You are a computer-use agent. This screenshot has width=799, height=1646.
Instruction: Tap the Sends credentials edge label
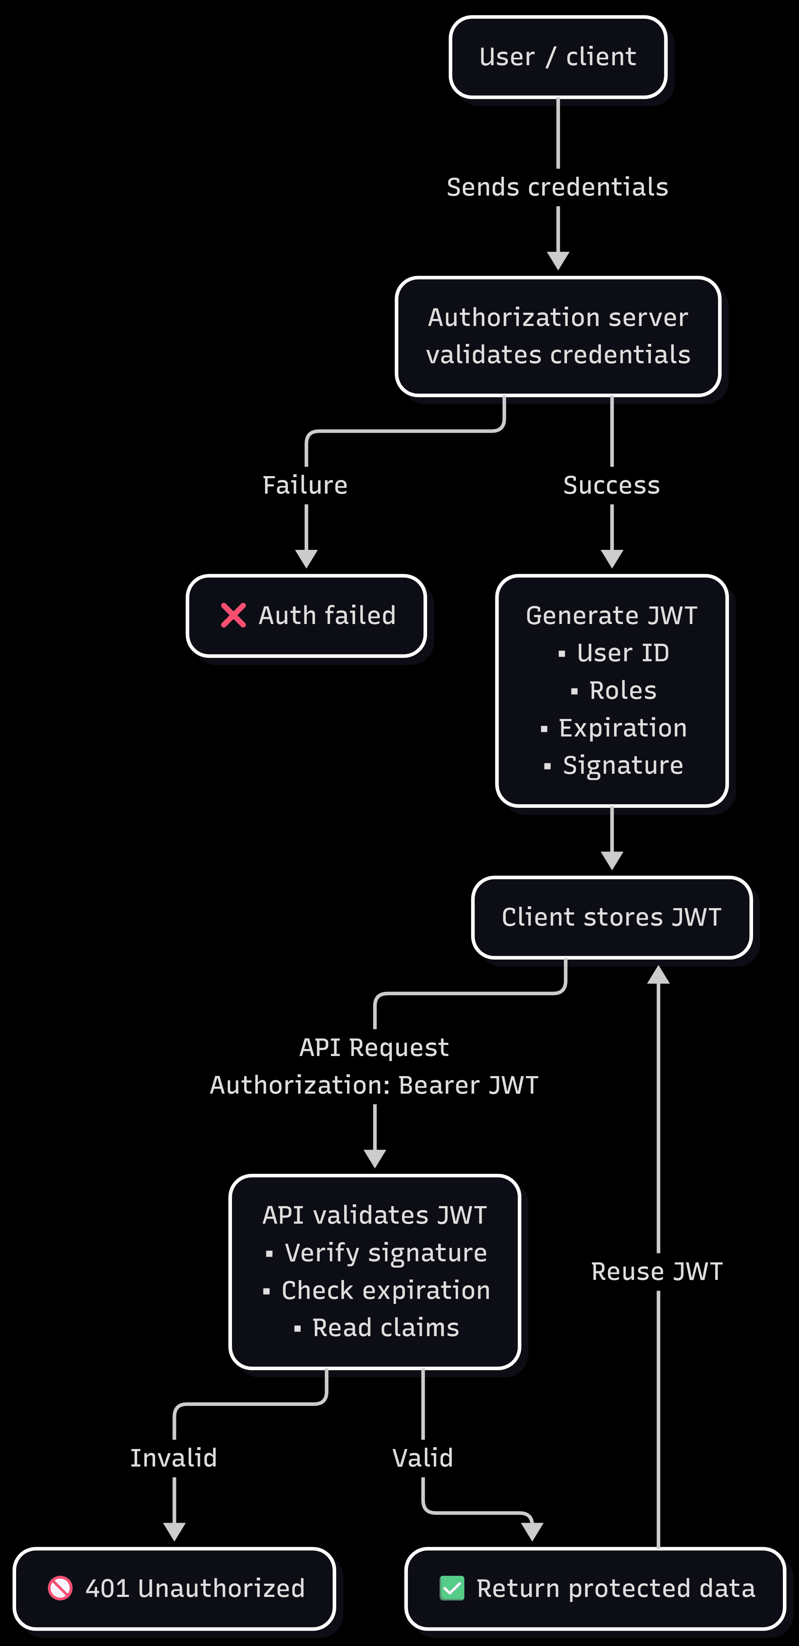click(x=557, y=187)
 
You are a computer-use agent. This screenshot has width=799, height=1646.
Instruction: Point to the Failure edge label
click(x=305, y=485)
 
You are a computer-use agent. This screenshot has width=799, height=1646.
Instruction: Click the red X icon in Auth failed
click(x=233, y=615)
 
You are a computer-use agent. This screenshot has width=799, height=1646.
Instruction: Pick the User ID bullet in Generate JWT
click(x=622, y=653)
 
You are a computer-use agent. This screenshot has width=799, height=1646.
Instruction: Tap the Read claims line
click(x=385, y=1328)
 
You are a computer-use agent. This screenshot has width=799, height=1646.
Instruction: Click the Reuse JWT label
click(x=657, y=1272)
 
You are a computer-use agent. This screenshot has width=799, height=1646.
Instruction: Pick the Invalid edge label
click(x=174, y=1458)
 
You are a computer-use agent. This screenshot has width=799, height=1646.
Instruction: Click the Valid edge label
click(x=423, y=1458)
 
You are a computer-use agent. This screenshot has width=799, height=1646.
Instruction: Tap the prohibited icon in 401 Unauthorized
click(x=61, y=1588)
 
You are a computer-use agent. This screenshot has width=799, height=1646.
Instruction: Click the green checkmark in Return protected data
click(x=452, y=1588)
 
